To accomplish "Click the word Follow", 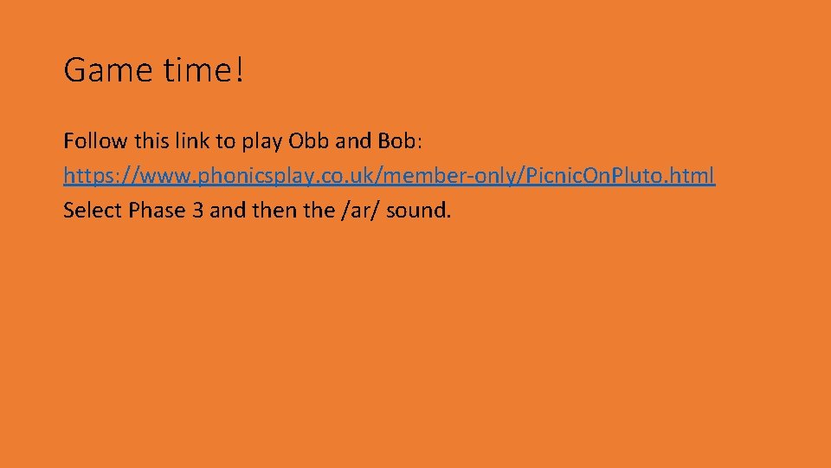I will [x=93, y=140].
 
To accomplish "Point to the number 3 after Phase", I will [x=195, y=211].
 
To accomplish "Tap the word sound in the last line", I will [x=418, y=211].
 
